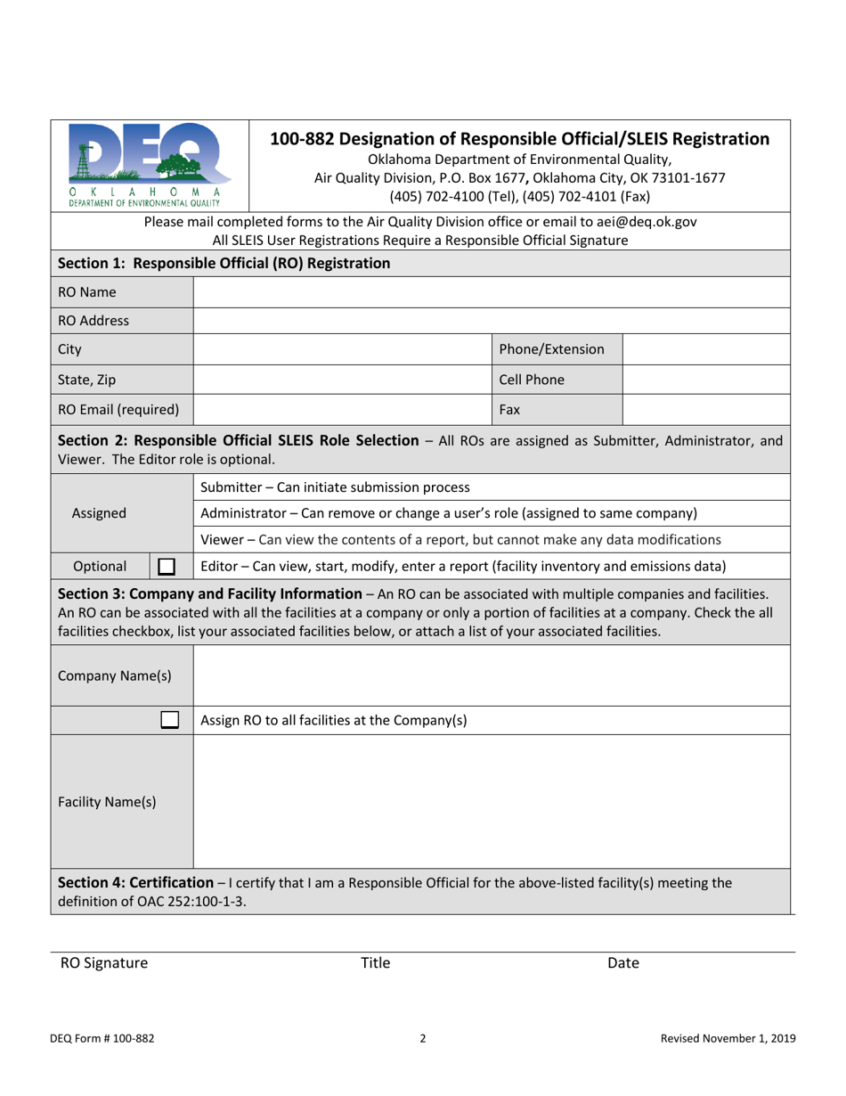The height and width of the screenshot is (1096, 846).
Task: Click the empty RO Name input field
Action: tap(491, 292)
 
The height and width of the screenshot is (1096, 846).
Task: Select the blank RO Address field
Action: tap(491, 321)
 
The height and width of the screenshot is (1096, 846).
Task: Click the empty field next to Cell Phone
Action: tap(705, 380)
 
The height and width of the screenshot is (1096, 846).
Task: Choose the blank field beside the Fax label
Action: tap(705, 410)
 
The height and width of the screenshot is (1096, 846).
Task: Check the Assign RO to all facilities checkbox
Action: tap(169, 720)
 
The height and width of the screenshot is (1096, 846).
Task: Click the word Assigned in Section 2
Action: tap(99, 513)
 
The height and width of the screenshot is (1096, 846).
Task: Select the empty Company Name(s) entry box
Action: tap(491, 675)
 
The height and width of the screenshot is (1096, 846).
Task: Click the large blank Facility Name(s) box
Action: tap(491, 801)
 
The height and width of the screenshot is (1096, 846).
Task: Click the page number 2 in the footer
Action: tap(423, 1038)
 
